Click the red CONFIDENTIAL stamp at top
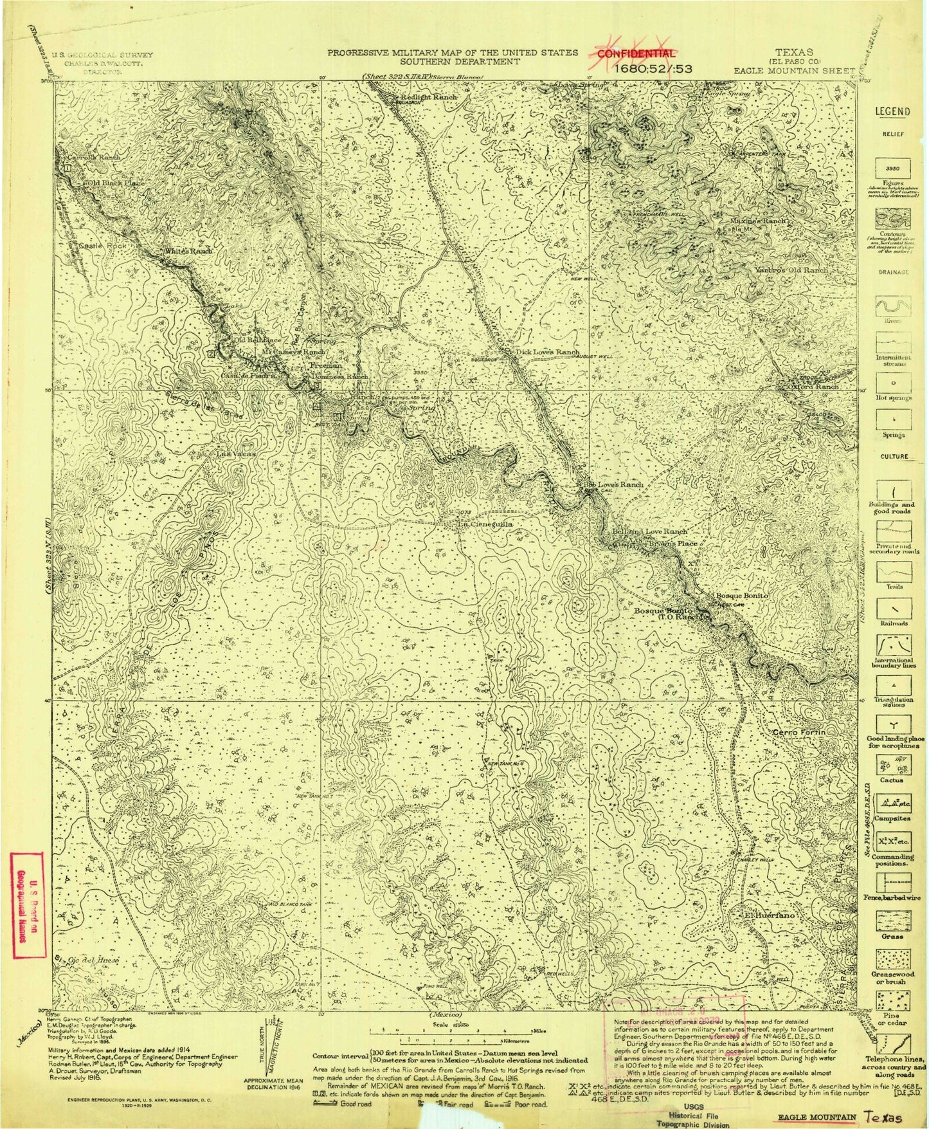click(x=636, y=54)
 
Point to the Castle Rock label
click(x=96, y=246)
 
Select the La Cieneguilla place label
click(x=484, y=524)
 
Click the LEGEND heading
click(x=893, y=111)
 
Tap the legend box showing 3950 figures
click(x=893, y=165)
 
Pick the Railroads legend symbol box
click(x=893, y=606)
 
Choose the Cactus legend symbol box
click(x=893, y=764)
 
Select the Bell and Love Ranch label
click(x=651, y=532)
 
